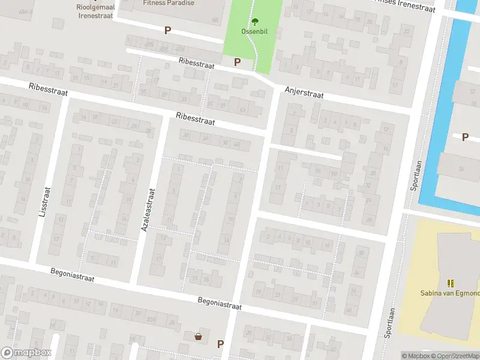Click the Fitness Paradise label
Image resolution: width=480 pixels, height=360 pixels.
pos(169,3)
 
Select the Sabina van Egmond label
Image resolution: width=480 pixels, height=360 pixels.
pos(450,293)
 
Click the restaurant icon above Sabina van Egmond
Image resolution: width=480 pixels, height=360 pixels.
pos(450,283)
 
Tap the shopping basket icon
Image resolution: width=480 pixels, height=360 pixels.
pos(198,337)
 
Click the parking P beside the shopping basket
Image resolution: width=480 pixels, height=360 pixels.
pos(220,344)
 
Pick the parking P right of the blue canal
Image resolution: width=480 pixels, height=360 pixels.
pos(465,137)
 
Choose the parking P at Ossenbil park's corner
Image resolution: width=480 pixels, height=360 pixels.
pos(237,62)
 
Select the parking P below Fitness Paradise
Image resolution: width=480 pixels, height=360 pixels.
pos(167,30)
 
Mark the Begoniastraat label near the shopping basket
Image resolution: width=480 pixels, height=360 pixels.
pos(220,303)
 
